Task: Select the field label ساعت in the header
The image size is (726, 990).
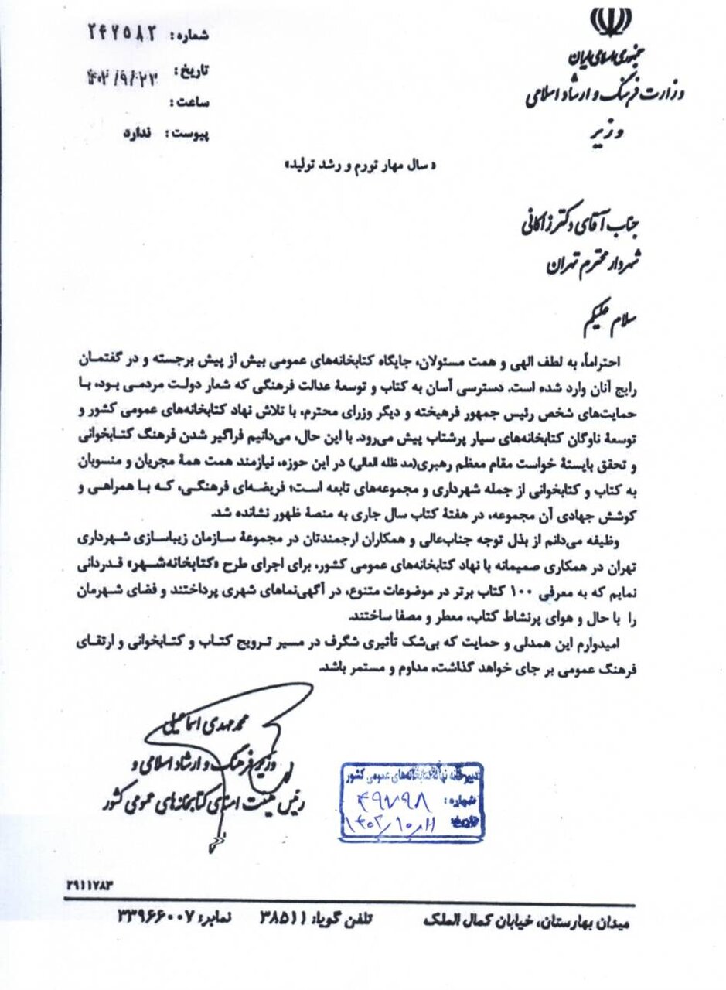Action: pyautogui.click(x=194, y=101)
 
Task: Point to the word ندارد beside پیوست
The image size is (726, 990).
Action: pyautogui.click(x=139, y=133)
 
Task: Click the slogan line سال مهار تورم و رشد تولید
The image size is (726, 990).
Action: pyautogui.click(x=364, y=165)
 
